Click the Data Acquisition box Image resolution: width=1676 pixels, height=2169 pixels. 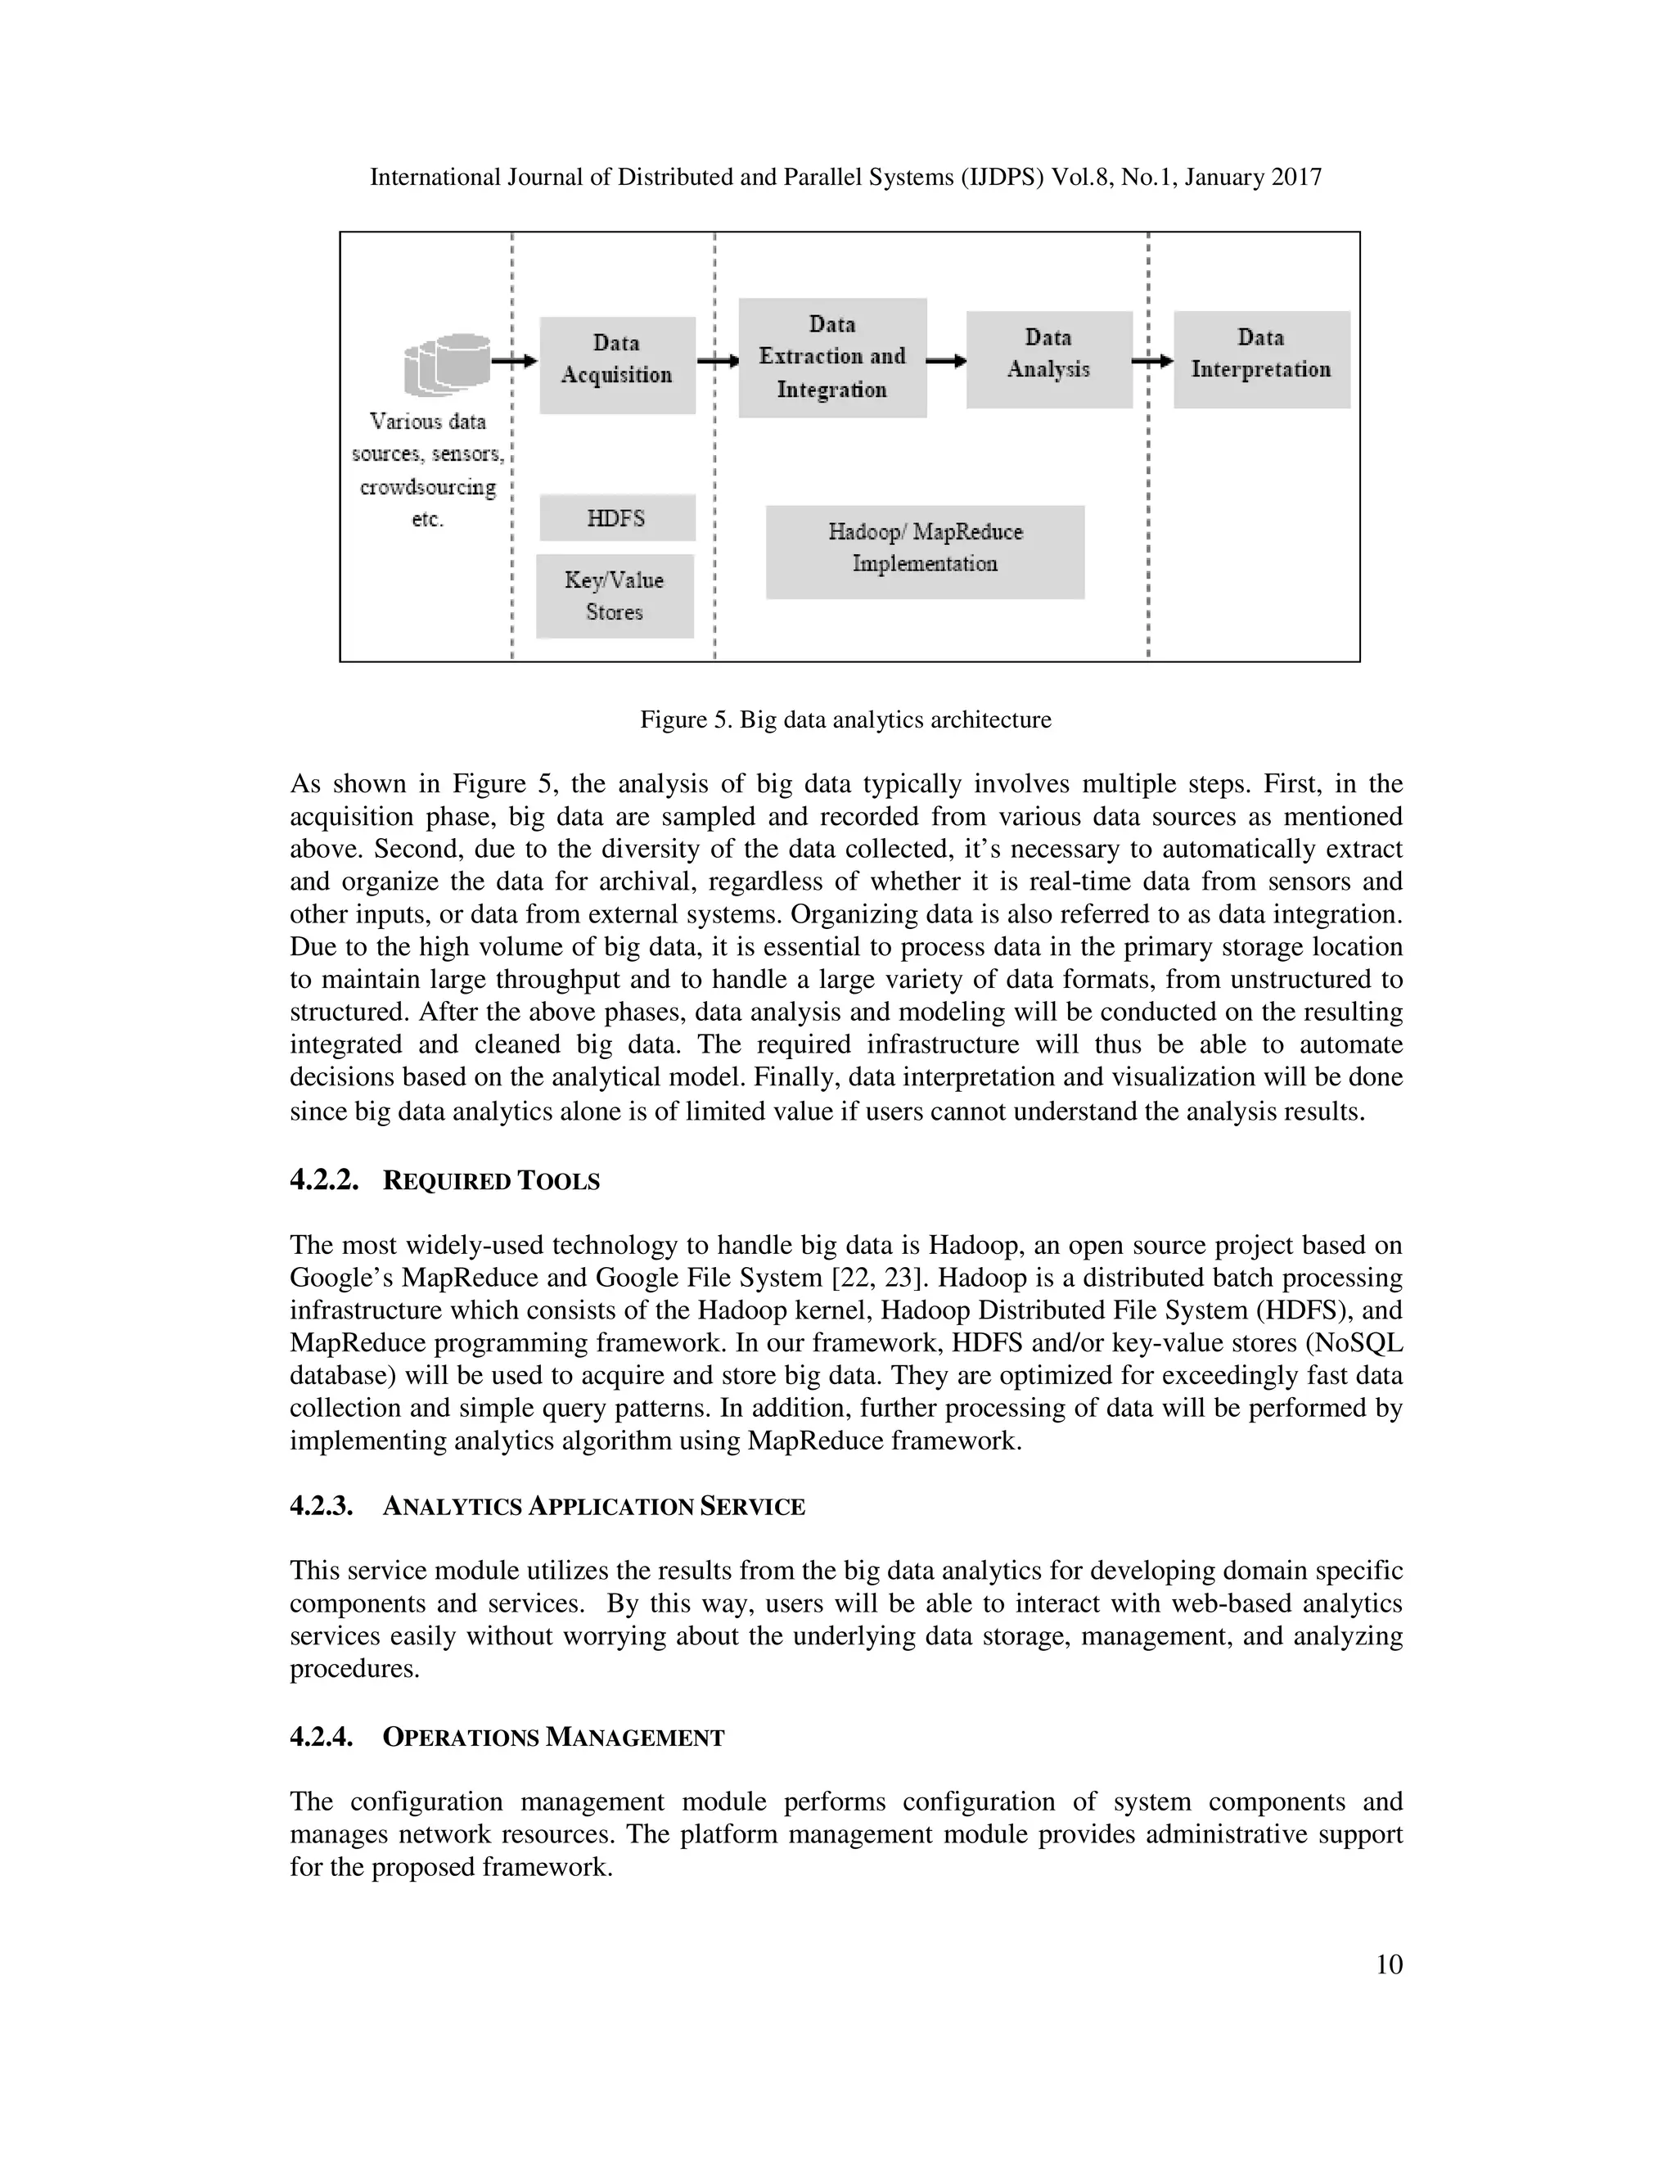[616, 364]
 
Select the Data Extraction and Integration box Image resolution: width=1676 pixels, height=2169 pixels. [832, 358]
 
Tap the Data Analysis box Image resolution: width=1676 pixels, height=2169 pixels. [1048, 358]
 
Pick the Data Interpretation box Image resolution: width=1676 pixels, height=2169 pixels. [1261, 358]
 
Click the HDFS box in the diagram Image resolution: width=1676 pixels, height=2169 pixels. [616, 517]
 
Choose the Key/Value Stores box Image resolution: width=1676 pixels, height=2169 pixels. [615, 596]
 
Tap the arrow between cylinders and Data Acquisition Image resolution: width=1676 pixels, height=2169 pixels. [514, 362]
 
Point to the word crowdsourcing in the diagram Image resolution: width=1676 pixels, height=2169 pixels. [427, 487]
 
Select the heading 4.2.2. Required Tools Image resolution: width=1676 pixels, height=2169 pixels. [445, 1181]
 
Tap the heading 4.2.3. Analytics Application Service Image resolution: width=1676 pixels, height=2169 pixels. [547, 1507]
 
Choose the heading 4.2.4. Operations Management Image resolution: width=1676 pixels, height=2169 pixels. [507, 1737]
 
